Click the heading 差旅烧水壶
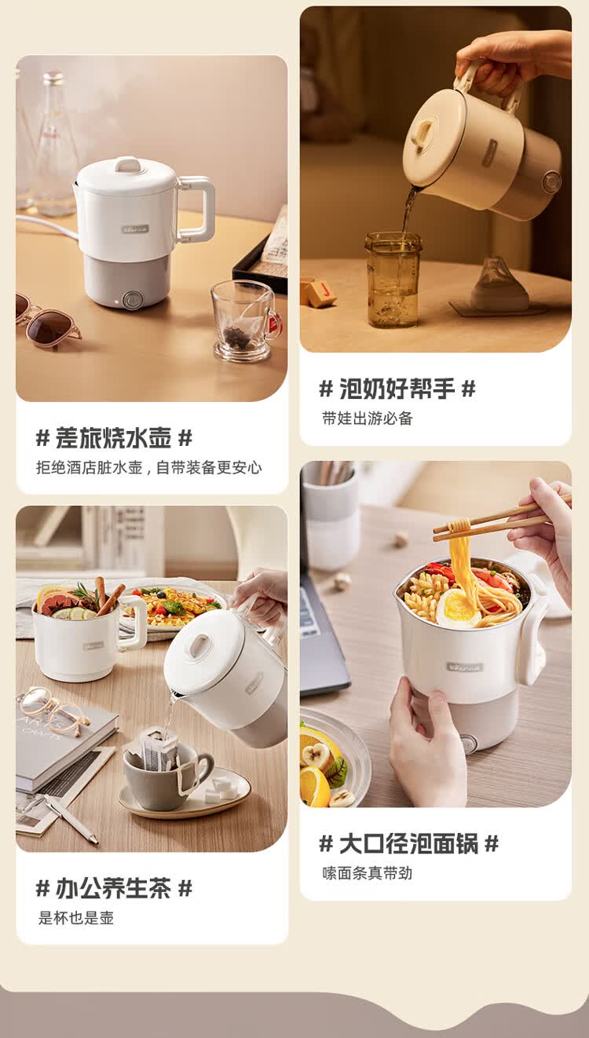(114, 438)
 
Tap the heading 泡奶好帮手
(397, 389)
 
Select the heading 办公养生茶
(114, 888)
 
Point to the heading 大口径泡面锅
(408, 843)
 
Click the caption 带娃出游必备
(368, 418)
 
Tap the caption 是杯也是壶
(76, 918)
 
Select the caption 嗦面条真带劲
(368, 873)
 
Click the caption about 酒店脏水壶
(149, 467)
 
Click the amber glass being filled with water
(393, 280)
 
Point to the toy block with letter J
(322, 292)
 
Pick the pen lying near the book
(71, 818)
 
